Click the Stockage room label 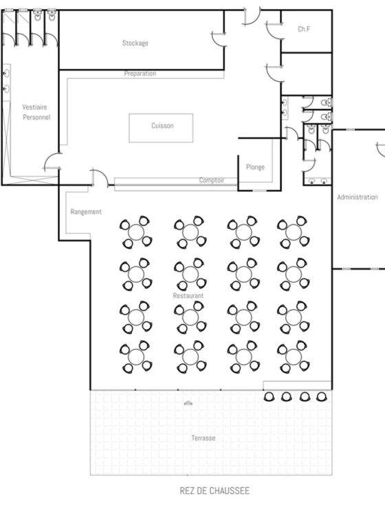[x=135, y=43]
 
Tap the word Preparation [x=140, y=74]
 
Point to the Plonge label [x=255, y=167]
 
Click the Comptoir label [x=212, y=180]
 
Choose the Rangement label [x=86, y=212]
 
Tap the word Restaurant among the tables [x=188, y=296]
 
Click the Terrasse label [x=203, y=438]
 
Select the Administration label [x=357, y=197]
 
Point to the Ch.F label [x=304, y=29]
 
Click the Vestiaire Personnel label [x=36, y=112]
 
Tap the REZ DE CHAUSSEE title [x=214, y=491]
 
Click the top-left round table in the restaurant [x=136, y=232]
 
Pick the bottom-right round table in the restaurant [x=294, y=356]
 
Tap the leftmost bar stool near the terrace [x=269, y=397]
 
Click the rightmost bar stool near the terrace [x=321, y=397]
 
